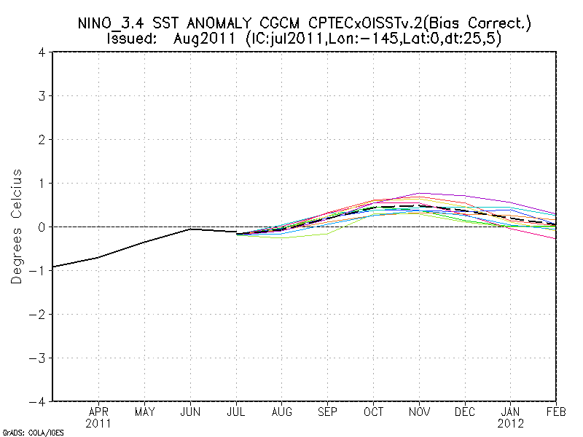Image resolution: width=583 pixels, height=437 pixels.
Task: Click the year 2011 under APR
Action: [98, 422]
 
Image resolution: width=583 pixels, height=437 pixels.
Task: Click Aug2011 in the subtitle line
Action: [203, 39]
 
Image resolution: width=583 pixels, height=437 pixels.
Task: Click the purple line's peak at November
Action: [420, 194]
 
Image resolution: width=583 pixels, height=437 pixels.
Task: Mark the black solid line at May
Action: [144, 242]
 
